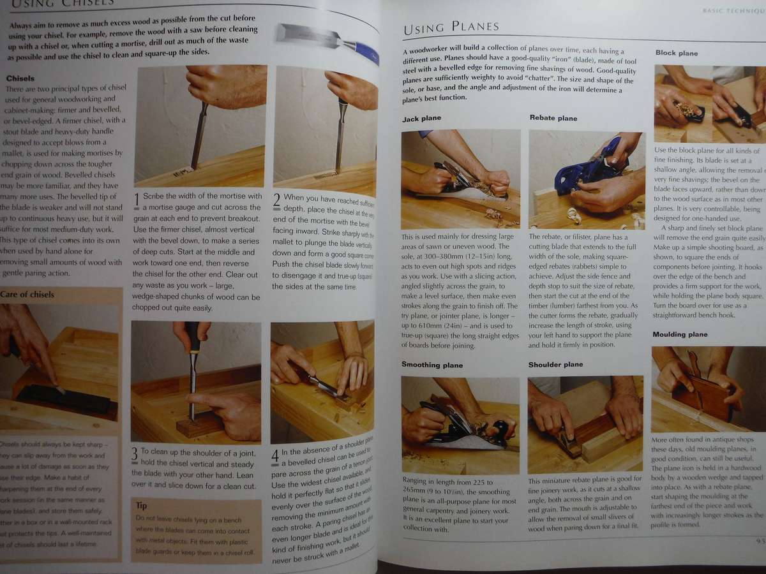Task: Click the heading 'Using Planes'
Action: [451, 27]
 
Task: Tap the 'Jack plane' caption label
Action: [421, 119]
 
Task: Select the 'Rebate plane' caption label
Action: [553, 118]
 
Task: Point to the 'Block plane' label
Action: [677, 54]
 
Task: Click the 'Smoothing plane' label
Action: [432, 365]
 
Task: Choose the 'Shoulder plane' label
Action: [555, 365]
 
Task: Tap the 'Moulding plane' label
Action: [680, 334]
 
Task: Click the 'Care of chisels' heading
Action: [27, 295]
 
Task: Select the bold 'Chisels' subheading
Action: [20, 78]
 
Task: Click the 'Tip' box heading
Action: [142, 505]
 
